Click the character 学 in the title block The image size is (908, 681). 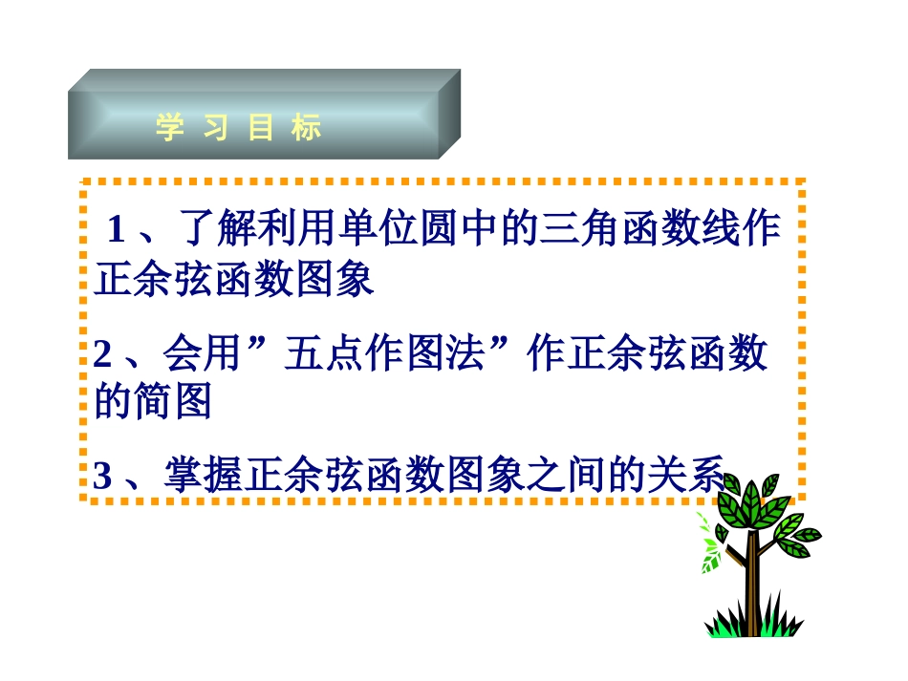point(170,128)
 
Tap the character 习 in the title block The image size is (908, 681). point(215,128)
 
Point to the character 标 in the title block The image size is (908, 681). point(307,128)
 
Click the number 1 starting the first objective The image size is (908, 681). point(117,230)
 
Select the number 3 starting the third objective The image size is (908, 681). point(103,476)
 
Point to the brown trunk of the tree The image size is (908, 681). point(752,583)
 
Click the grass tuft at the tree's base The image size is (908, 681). point(753,626)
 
